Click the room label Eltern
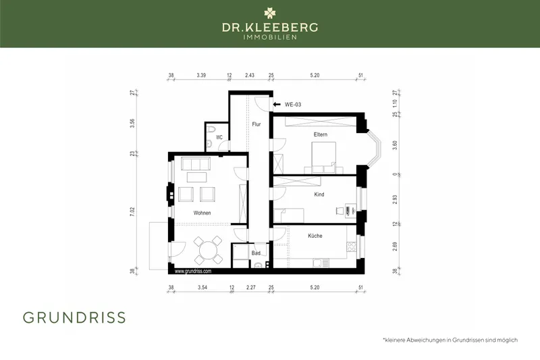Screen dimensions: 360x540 [321, 135]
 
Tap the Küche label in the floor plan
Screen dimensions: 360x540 [315, 236]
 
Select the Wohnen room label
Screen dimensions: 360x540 [202, 213]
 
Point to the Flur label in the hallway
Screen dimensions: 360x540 [256, 124]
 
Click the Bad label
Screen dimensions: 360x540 [256, 253]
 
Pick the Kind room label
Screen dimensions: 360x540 [319, 195]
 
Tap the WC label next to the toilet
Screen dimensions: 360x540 [219, 138]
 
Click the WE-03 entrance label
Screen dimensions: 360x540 [292, 105]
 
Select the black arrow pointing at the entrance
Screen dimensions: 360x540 [277, 105]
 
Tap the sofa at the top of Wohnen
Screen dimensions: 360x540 [196, 163]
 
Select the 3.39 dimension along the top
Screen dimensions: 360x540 [201, 76]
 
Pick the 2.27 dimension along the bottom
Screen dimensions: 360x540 [251, 288]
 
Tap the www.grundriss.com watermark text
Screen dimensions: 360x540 [193, 271]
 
